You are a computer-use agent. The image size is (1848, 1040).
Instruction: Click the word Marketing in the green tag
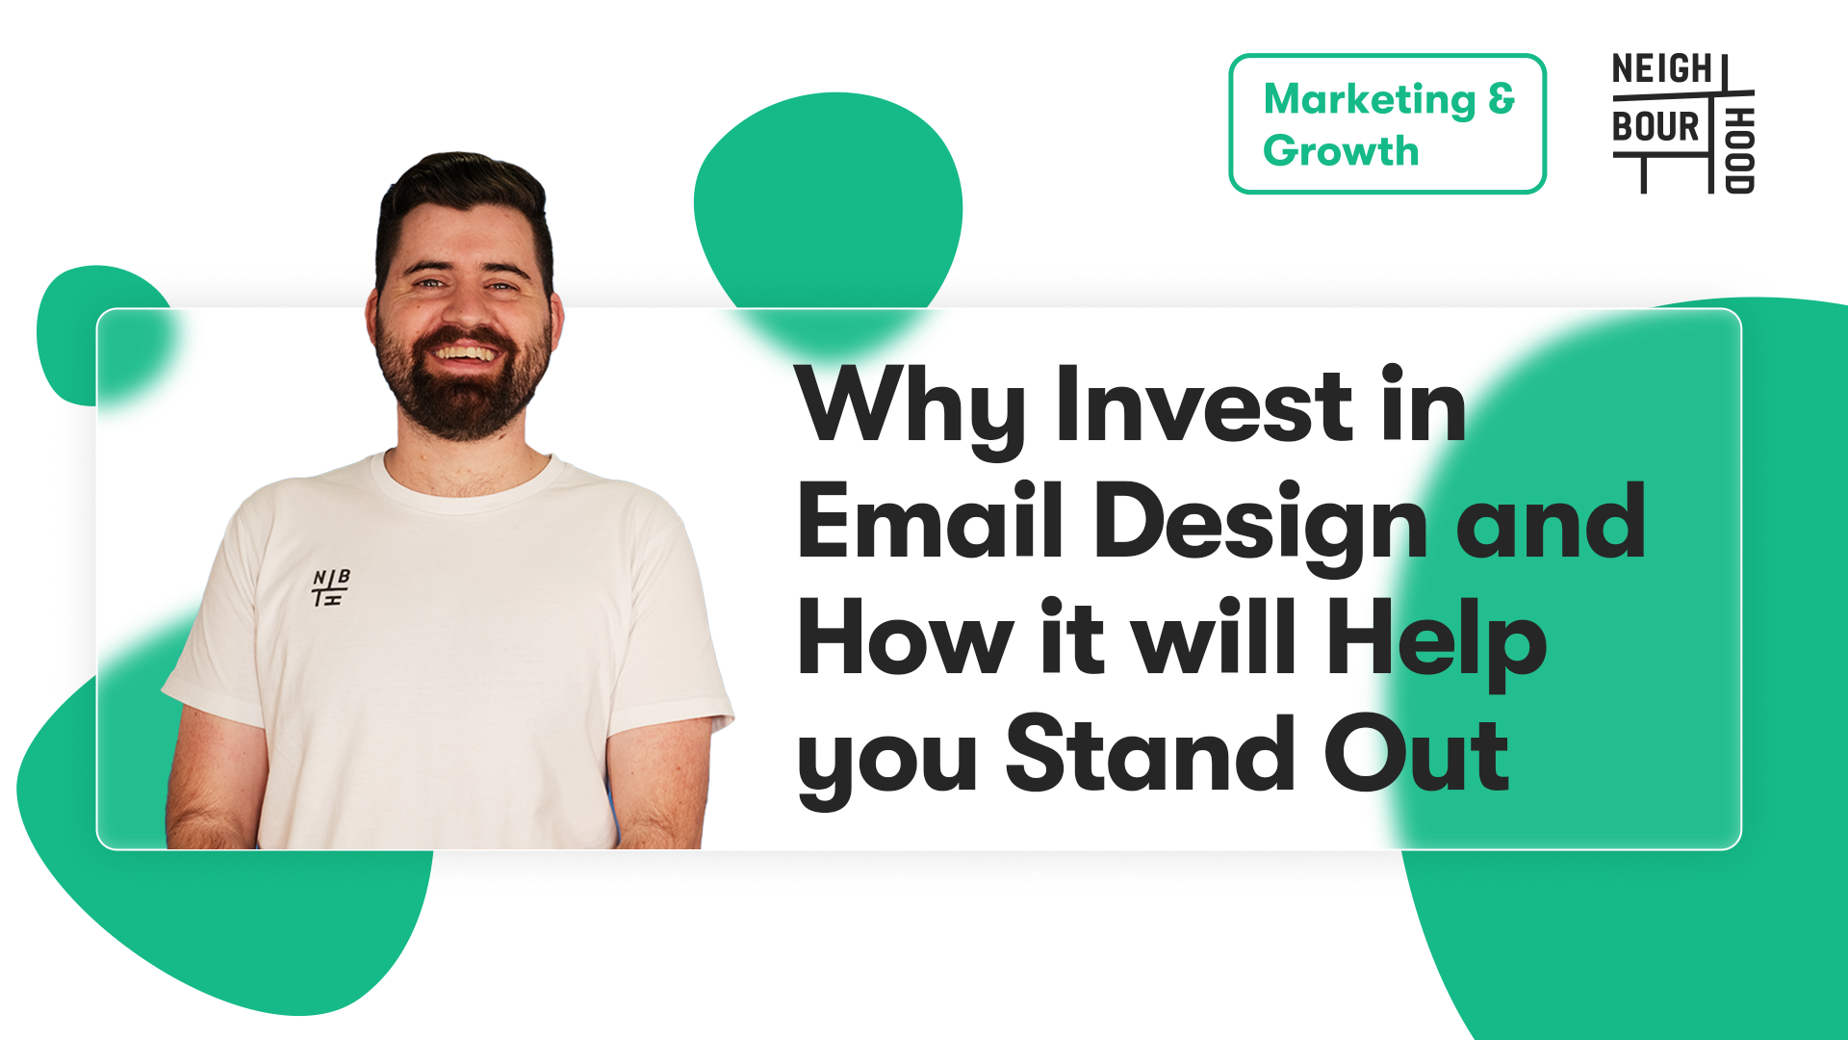[1369, 101]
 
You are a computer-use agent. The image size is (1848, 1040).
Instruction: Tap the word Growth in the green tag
[1341, 151]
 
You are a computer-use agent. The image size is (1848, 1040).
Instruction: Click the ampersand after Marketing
[1501, 98]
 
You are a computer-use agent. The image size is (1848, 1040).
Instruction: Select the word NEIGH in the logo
[1662, 69]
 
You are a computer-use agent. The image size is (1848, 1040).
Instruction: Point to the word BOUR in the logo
[1655, 126]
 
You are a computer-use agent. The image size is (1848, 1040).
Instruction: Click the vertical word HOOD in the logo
[1739, 150]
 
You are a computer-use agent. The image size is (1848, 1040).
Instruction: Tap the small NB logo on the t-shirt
[330, 586]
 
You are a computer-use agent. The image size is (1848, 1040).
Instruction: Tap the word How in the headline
[906, 638]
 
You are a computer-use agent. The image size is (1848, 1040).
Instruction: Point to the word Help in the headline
[1436, 643]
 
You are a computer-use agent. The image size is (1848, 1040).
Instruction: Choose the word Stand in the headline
[1149, 754]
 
